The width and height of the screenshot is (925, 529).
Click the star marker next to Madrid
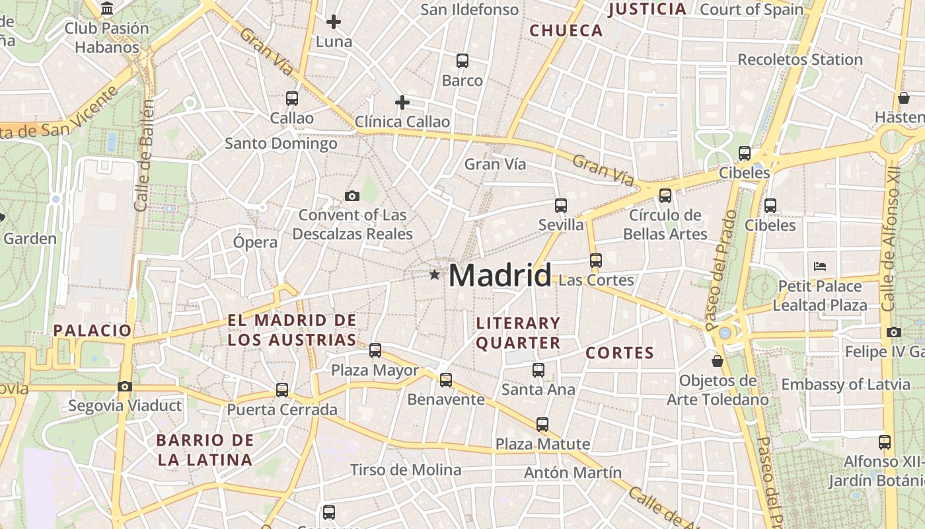click(x=434, y=274)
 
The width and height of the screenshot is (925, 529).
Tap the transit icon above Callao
click(x=292, y=99)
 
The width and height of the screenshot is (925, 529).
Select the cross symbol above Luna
click(x=334, y=22)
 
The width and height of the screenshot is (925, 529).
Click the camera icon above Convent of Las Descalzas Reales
click(x=352, y=196)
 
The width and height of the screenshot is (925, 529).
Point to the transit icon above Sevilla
click(x=561, y=206)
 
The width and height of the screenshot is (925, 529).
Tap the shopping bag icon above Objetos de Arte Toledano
click(x=718, y=361)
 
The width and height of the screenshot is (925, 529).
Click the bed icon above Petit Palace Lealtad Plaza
click(x=820, y=266)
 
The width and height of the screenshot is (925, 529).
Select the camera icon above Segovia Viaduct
click(x=125, y=386)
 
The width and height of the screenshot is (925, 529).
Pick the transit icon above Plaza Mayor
click(x=375, y=350)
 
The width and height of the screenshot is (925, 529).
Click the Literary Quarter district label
click(x=518, y=333)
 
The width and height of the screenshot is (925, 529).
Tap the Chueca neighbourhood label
click(x=566, y=30)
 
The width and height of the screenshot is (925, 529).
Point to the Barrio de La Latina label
click(x=205, y=450)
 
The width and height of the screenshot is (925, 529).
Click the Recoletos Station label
click(x=800, y=60)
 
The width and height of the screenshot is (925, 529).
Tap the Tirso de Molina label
click(x=406, y=470)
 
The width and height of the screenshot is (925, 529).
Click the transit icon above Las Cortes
click(x=596, y=261)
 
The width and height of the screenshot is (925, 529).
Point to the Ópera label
click(x=255, y=242)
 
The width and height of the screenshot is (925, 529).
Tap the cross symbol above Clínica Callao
click(x=402, y=102)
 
